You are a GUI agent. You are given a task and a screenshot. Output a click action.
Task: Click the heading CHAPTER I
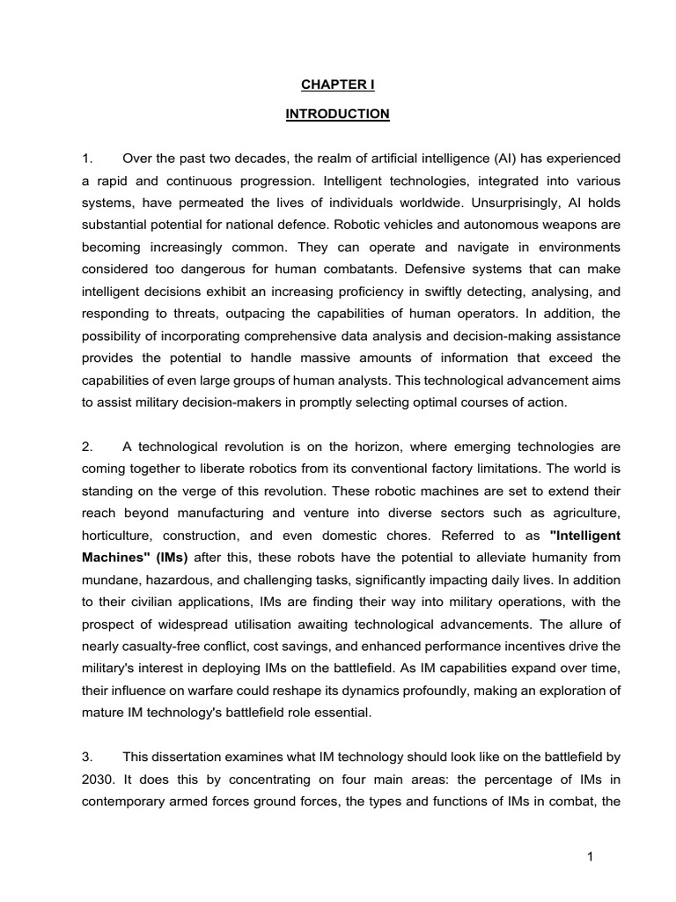338,85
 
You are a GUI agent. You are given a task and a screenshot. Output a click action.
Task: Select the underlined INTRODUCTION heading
338,114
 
